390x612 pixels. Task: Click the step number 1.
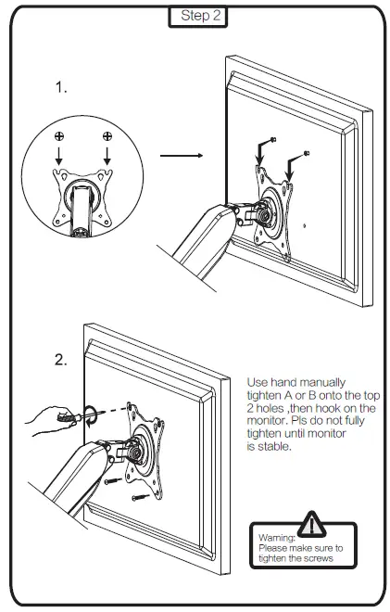(61, 88)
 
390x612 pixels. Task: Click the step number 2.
(61, 361)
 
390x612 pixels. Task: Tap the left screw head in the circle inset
(59, 137)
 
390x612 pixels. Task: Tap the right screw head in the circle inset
(107, 137)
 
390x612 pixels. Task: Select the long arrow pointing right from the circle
(177, 155)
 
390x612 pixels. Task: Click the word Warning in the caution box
(276, 537)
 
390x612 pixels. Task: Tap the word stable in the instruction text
(276, 446)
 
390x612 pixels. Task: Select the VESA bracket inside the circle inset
(83, 196)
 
